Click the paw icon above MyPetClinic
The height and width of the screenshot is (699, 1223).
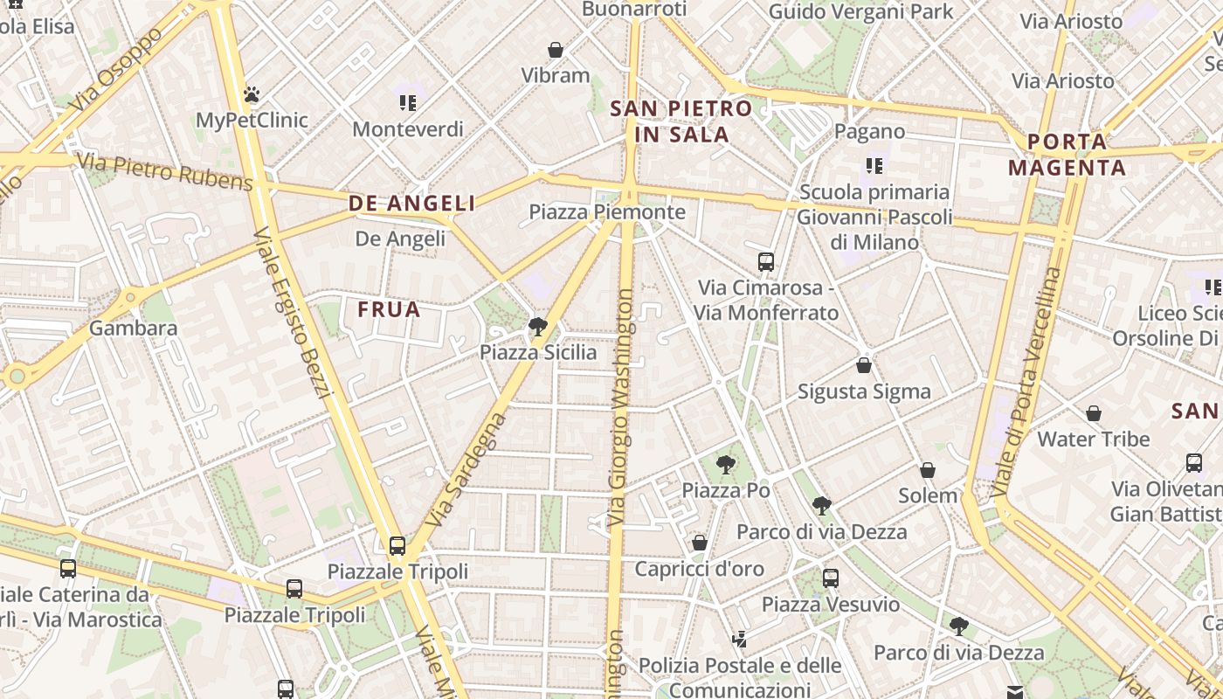click(252, 93)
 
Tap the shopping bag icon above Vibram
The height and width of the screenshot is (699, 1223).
click(555, 50)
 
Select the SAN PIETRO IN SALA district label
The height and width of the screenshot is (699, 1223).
click(681, 121)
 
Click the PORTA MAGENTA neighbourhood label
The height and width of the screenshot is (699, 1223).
click(1067, 155)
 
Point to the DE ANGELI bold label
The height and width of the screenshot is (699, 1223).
click(412, 204)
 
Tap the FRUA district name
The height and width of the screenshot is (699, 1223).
click(390, 309)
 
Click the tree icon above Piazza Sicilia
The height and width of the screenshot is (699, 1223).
click(538, 327)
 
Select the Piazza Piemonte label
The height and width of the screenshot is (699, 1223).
click(607, 212)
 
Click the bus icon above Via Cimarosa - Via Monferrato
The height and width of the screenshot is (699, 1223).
click(766, 261)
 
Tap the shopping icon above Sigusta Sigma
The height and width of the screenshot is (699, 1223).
click(864, 365)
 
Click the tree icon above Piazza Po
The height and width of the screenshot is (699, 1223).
click(725, 465)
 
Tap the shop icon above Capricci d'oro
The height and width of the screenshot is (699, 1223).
click(699, 543)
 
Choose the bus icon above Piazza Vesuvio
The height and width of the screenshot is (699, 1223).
click(830, 578)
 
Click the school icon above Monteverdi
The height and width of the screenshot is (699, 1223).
click(407, 103)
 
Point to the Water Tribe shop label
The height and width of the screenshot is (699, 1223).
click(1093, 439)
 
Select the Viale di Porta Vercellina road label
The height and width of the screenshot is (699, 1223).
click(1028, 383)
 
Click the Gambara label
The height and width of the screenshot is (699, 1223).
click(133, 329)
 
